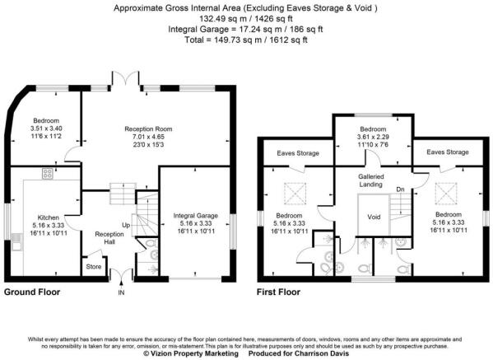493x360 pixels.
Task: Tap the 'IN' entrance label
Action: [121, 292]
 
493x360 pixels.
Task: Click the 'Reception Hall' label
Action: [109, 237]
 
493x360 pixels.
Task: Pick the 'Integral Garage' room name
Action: [195, 216]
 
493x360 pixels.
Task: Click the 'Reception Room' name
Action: [148, 129]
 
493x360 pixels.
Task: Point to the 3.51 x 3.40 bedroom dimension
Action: [39, 129]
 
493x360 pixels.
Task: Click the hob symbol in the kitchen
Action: [47, 174]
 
